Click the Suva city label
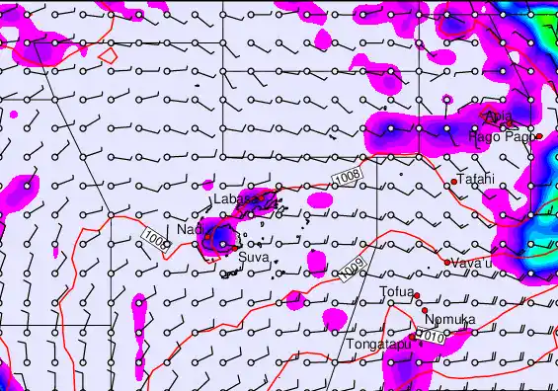[x=251, y=258]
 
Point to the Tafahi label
[x=475, y=180]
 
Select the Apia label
[x=499, y=117]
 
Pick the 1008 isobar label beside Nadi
[x=155, y=239]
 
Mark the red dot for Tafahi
[x=453, y=181]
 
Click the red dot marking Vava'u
[x=447, y=262]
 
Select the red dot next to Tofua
[x=418, y=295]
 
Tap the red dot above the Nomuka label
[x=425, y=310]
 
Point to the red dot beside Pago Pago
[x=540, y=136]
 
